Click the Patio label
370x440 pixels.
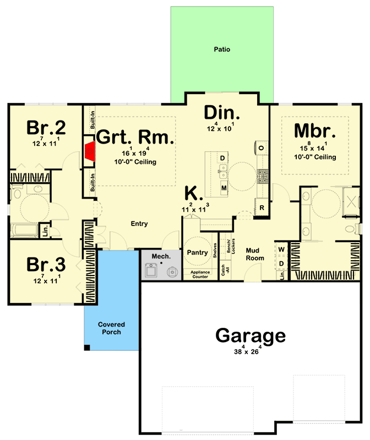tap(222, 50)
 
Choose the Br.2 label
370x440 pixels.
tap(47, 128)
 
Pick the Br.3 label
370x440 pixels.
tap(47, 265)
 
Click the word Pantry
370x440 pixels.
tap(197, 253)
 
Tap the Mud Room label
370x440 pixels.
tap(255, 254)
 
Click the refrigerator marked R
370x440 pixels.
tap(262, 208)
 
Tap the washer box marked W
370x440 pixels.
tap(281, 249)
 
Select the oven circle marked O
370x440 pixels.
tap(261, 148)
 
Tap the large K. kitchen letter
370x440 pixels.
tap(194, 193)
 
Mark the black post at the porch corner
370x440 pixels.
tap(87, 347)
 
